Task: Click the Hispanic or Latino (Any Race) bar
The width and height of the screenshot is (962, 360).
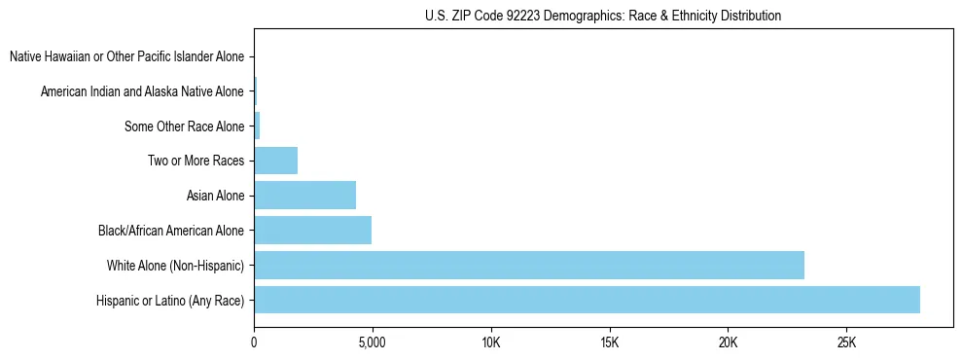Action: pos(587,300)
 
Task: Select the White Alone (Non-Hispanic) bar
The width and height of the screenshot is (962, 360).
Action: pos(529,265)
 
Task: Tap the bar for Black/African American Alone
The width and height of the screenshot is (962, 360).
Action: pos(312,231)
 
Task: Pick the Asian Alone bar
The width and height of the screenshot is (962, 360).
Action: pos(304,196)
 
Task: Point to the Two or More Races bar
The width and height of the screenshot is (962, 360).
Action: pos(275,161)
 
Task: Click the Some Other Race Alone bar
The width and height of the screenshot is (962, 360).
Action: pos(258,126)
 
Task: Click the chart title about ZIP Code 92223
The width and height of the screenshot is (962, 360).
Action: pos(603,17)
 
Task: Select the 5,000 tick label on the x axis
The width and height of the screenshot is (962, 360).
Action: pos(373,343)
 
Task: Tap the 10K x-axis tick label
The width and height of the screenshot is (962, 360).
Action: pos(490,343)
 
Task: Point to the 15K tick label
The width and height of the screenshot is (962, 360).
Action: pos(609,343)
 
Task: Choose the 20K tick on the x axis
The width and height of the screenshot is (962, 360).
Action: pos(728,343)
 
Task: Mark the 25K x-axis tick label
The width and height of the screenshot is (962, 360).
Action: pos(846,343)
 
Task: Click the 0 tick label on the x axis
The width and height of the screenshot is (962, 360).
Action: pos(254,343)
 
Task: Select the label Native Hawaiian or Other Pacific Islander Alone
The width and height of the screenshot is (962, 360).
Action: pos(126,56)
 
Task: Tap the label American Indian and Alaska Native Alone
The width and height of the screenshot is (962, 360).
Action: pos(142,91)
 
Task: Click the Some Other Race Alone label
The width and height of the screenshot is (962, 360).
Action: pos(184,126)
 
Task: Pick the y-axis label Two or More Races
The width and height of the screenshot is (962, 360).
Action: pos(196,161)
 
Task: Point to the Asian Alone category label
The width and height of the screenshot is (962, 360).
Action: pos(215,196)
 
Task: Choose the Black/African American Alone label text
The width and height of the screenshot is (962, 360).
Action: pos(171,231)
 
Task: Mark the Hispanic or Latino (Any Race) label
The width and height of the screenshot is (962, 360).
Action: pos(170,301)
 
